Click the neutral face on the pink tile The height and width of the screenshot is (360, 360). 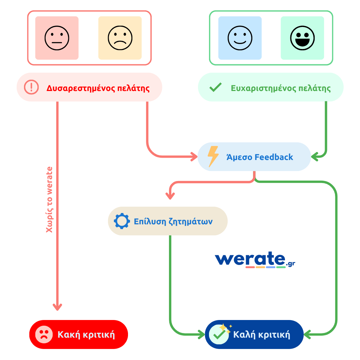(57, 38)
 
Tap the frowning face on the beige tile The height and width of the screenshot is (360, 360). (120, 38)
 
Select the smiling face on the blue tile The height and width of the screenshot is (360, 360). (240, 38)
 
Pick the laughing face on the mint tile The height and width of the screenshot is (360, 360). (302, 38)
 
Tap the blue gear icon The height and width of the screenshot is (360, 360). (122, 221)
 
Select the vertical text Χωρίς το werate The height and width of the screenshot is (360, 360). (49, 199)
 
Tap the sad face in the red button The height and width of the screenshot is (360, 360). (44, 334)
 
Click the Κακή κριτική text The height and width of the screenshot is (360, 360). (86, 334)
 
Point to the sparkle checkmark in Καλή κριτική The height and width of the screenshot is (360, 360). (220, 333)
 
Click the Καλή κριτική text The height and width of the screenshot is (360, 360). (261, 334)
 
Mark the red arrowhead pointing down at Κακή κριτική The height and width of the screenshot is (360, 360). (58, 307)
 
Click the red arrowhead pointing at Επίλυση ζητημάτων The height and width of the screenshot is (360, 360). (170, 196)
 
